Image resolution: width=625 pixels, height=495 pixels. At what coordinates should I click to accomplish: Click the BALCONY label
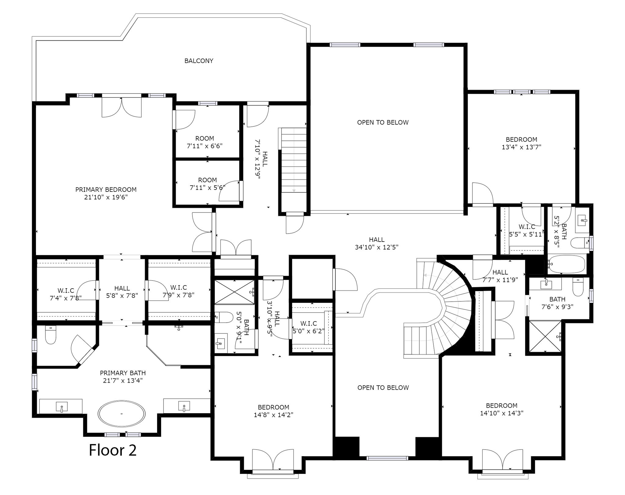(x=199, y=61)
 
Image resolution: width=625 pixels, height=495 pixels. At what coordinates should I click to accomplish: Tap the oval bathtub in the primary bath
(x=121, y=414)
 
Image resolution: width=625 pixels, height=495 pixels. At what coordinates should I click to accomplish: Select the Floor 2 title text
(x=113, y=450)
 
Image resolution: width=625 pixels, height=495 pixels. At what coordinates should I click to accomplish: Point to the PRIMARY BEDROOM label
(x=106, y=189)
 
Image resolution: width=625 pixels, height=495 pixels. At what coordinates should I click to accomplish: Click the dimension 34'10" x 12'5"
(x=377, y=247)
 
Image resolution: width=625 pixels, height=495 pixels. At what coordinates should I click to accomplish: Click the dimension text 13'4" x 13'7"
(x=522, y=147)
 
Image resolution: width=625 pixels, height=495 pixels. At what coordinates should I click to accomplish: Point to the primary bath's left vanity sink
(x=62, y=407)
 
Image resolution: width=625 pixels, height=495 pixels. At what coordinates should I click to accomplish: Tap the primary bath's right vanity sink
(x=184, y=406)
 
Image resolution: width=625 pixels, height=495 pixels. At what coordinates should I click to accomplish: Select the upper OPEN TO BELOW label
(x=383, y=122)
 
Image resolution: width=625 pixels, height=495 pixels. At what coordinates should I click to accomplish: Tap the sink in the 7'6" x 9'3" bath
(x=546, y=284)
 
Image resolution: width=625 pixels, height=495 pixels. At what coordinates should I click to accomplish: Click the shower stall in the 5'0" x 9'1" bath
(x=234, y=292)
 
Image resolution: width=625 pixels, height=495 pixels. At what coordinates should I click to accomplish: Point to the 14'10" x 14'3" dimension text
(x=501, y=413)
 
